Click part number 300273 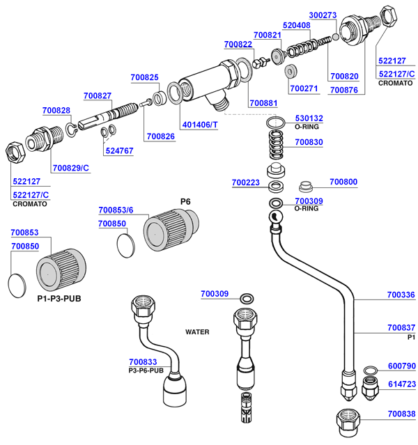[x=323, y=15]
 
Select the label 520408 [x=296, y=25]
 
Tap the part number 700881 [x=263, y=104]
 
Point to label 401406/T [x=200, y=125]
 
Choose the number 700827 [x=98, y=95]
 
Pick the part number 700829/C [x=71, y=168]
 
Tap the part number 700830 [x=309, y=142]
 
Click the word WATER [x=197, y=332]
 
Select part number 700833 [x=143, y=362]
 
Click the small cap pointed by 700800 [x=305, y=185]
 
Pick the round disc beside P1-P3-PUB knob [x=20, y=285]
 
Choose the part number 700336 [x=401, y=295]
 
